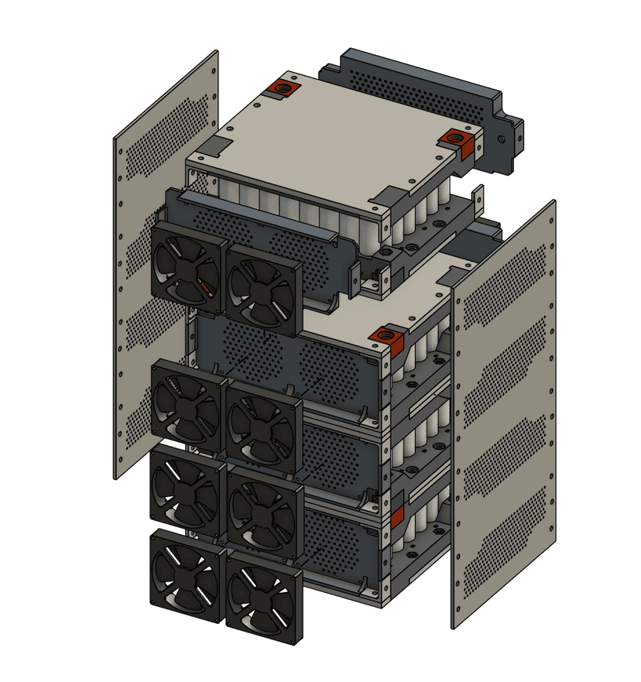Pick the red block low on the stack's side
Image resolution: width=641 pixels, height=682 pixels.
click(397, 516)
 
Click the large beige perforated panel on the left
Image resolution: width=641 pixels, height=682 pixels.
click(164, 263)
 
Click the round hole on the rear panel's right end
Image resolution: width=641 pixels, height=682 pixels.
click(504, 139)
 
